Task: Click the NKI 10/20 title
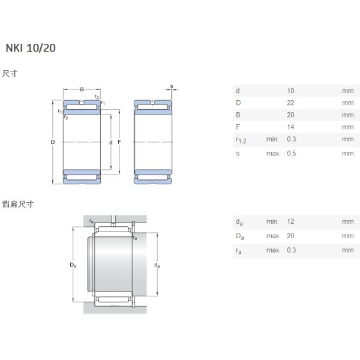tap(31, 48)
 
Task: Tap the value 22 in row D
tap(291, 103)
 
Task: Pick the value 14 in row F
tap(291, 127)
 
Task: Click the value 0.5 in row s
tap(292, 153)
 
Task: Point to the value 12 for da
tap(291, 222)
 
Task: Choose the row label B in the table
tap(238, 115)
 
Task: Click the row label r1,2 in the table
tap(241, 140)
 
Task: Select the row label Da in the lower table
tap(239, 236)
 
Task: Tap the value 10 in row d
tap(291, 91)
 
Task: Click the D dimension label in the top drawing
tap(53, 142)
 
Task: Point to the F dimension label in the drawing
tap(119, 142)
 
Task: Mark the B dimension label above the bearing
tap(82, 89)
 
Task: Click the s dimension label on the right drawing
tap(171, 86)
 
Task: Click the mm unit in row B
tap(347, 115)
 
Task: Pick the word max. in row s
tap(273, 153)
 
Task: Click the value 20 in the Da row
tap(291, 235)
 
